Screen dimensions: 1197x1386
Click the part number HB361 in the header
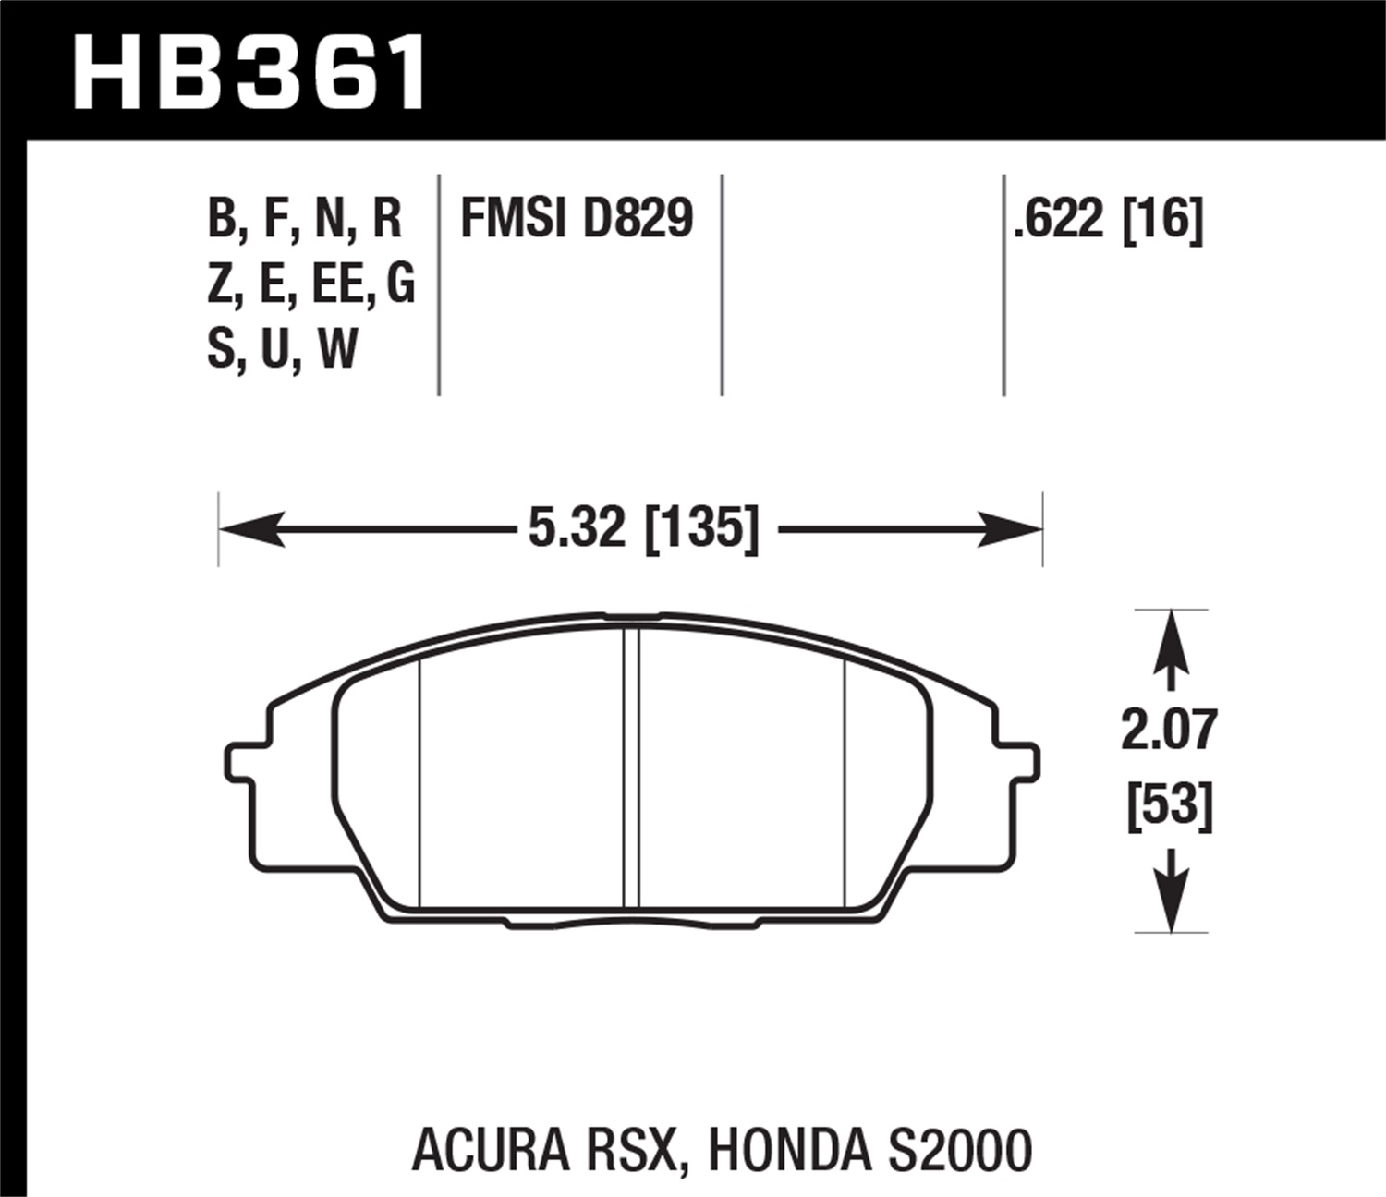(249, 72)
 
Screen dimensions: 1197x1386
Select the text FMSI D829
(576, 220)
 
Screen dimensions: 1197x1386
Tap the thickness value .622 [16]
(1108, 220)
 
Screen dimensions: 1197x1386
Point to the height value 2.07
(1169, 730)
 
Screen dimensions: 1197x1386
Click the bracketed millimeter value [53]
(1169, 805)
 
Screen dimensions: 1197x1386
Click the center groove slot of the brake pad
(631, 767)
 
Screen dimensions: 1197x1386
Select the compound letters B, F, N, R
(305, 220)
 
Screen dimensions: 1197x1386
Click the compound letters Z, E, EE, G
(310, 284)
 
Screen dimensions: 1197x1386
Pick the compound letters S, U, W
(282, 349)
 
